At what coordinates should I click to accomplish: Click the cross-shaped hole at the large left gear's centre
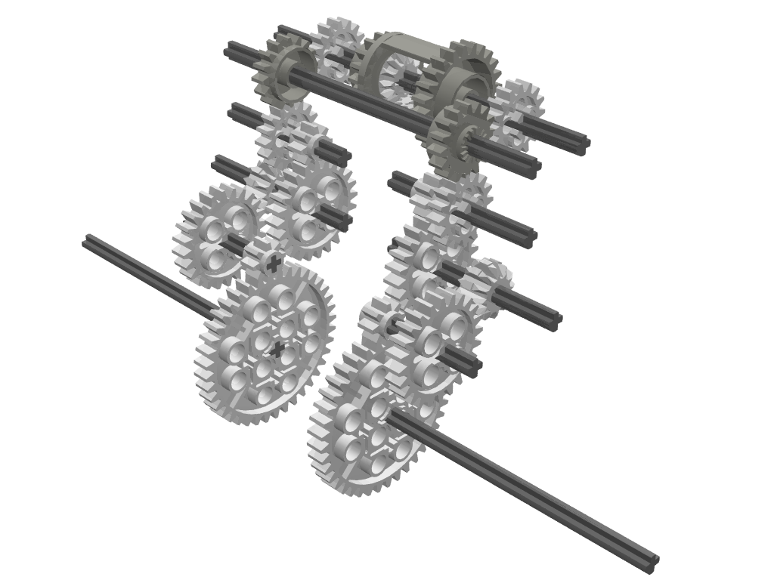tap(278, 348)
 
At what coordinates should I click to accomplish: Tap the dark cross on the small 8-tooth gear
tap(273, 263)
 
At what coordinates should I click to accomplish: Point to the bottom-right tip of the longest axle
tap(651, 561)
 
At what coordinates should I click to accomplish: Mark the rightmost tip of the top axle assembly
tap(585, 147)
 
